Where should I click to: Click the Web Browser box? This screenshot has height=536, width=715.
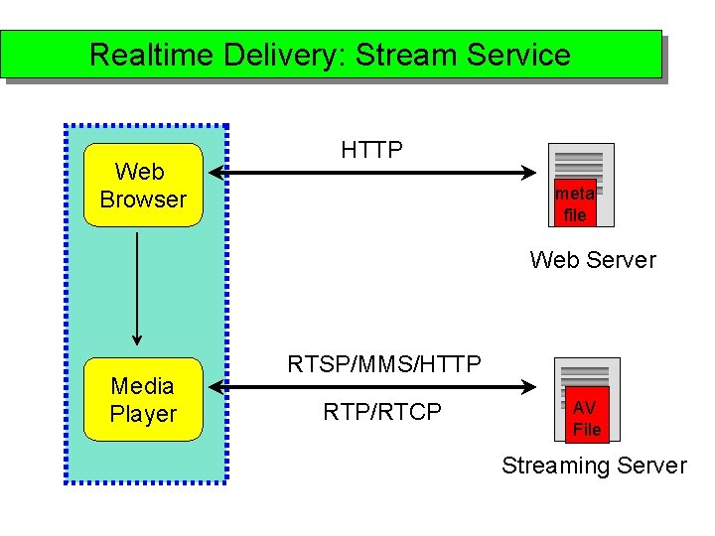pos(143,186)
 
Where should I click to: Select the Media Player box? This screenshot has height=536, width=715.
pos(143,400)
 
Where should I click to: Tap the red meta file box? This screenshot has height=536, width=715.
pos(575,204)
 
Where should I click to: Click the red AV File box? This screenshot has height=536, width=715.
pos(587,418)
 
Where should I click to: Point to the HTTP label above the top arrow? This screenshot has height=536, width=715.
pos(371,150)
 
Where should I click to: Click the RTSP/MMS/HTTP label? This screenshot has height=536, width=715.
pos(384,364)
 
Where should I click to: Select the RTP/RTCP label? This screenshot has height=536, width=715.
pos(382,412)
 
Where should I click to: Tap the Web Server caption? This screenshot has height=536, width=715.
pos(593,260)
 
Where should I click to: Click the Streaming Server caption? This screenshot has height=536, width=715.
pos(594,466)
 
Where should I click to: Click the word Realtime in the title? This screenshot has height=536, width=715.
pos(152,55)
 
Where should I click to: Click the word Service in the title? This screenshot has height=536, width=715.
pos(517,55)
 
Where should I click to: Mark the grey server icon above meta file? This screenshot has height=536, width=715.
pos(580,163)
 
